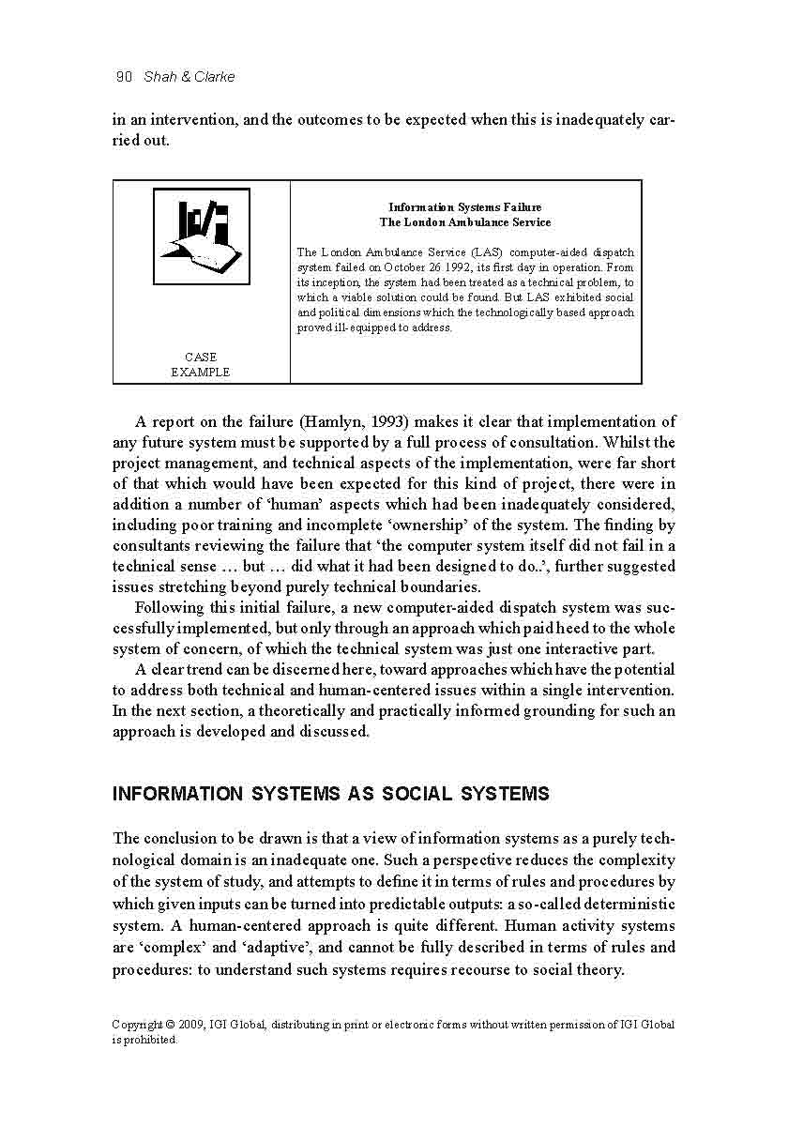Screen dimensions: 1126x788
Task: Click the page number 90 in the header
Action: pos(124,77)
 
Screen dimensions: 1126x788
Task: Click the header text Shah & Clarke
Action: pos(189,77)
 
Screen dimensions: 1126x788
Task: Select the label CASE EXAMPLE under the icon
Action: pos(200,364)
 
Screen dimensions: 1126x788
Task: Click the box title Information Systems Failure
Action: pos(465,207)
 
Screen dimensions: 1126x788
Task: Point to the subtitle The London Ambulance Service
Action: pos(465,222)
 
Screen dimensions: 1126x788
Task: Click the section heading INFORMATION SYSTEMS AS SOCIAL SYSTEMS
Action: pos(330,794)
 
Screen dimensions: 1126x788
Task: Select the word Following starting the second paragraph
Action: pos(171,608)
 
